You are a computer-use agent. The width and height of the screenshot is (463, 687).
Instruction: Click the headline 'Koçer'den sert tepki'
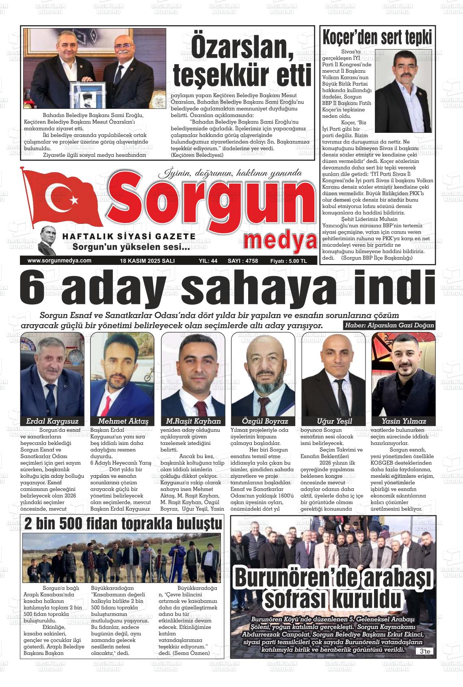[x=376, y=38]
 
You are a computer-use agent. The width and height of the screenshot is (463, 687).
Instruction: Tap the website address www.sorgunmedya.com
[x=59, y=261]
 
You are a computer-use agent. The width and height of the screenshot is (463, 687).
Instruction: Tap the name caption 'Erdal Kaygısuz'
[x=52, y=421]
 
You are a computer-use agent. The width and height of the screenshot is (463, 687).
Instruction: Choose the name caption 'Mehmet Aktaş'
[x=123, y=421]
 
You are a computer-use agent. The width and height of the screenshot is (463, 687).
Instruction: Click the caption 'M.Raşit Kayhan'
[x=193, y=421]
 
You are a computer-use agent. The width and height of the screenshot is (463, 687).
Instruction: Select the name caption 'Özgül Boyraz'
[x=264, y=421]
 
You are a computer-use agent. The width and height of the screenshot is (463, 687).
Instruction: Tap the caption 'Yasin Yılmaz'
[x=404, y=421]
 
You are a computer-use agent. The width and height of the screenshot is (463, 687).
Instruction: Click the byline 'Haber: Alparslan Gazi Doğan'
[x=389, y=325]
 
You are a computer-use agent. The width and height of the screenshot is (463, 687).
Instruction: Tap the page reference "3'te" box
[x=425, y=651]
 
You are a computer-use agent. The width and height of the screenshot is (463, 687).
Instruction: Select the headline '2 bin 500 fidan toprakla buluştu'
[x=123, y=524]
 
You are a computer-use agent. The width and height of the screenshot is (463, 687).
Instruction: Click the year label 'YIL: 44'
[x=208, y=261]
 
